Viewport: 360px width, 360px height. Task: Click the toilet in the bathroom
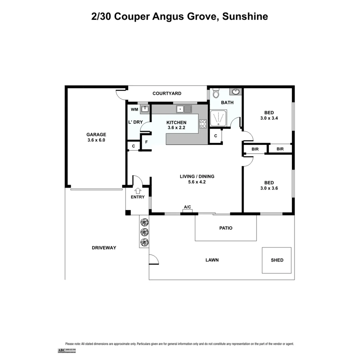pos(216,93)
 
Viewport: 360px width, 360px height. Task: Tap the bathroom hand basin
pos(236,92)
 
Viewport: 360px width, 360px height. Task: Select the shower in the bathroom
pos(219,118)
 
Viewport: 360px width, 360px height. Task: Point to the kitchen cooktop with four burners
pos(203,124)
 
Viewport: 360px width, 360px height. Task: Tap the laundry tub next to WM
pos(145,109)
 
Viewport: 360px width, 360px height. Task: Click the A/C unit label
pos(187,207)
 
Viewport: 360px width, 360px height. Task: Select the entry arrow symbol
pos(138,190)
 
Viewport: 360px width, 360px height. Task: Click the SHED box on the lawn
pos(277,260)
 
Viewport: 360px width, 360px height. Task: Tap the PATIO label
pos(226,228)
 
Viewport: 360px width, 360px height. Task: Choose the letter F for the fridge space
pos(146,142)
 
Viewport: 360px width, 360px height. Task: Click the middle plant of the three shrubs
pos(144,232)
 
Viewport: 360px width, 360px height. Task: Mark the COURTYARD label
pos(167,94)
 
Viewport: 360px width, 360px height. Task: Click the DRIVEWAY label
pos(104,248)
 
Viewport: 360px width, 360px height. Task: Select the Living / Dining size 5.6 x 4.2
pos(197,182)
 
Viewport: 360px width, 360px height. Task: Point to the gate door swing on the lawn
pos(153,260)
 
